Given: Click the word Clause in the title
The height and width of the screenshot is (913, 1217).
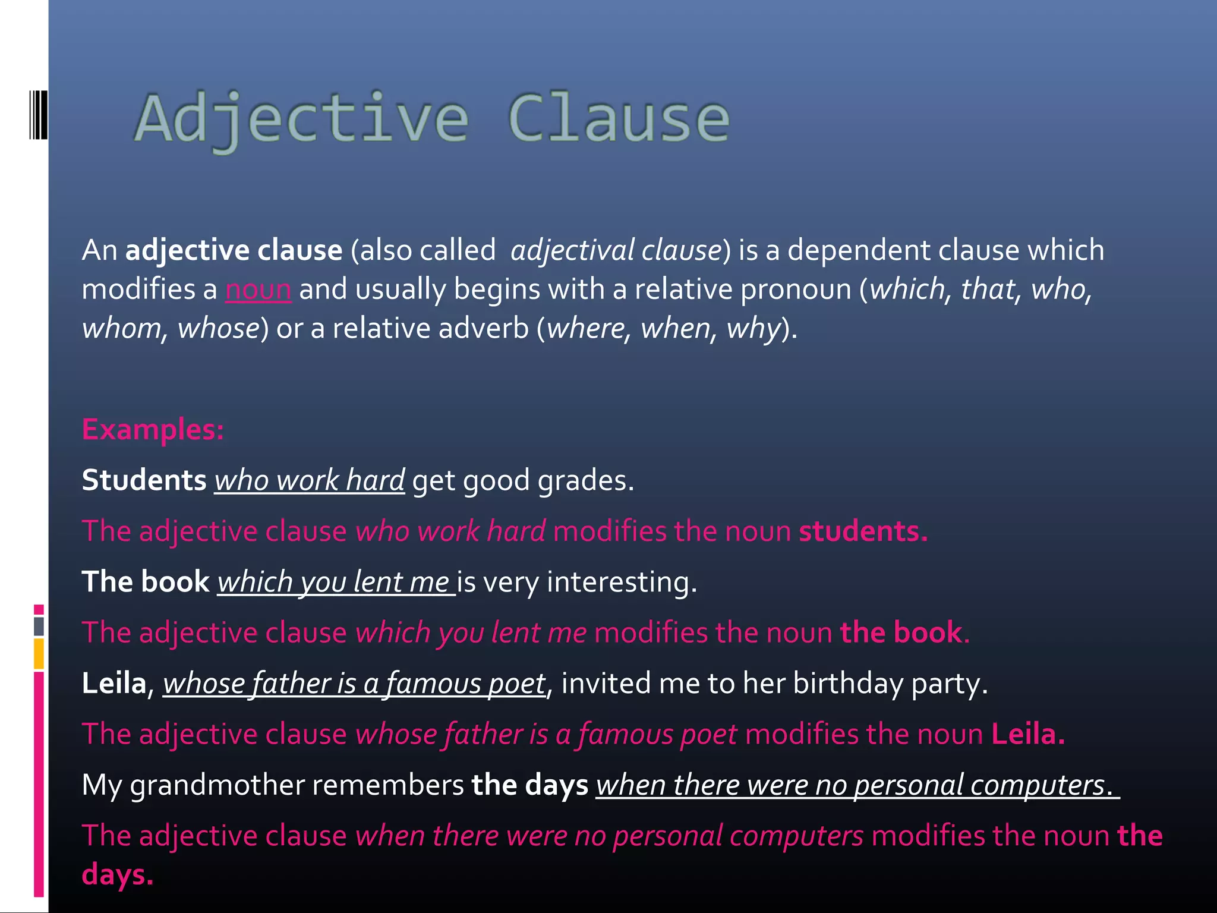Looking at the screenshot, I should coord(618,119).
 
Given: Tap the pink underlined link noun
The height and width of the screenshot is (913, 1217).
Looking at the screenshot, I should coord(258,290).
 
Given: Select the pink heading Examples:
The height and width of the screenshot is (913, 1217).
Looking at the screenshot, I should coord(153,429).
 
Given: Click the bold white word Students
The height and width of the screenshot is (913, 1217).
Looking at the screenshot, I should coord(144,480).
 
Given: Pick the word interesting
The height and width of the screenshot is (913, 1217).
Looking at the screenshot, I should coord(621,582).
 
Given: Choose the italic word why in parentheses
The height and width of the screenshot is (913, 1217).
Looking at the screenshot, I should coord(753,329).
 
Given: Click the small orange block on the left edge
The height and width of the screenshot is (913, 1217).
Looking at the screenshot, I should coord(39,654).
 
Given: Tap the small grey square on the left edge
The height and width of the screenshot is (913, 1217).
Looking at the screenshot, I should coord(39,626).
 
